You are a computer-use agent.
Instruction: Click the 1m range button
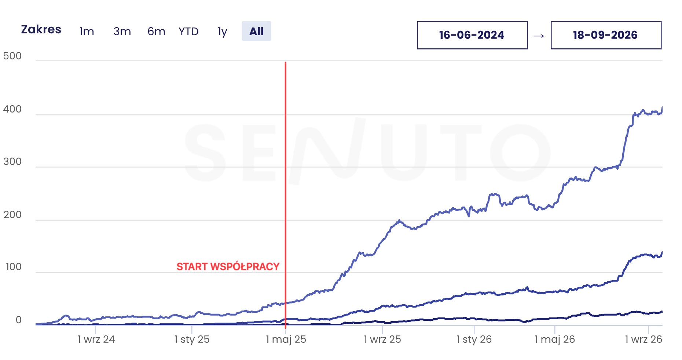click(x=87, y=32)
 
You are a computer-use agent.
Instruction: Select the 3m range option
click(x=122, y=32)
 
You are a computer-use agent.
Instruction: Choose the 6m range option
click(x=156, y=32)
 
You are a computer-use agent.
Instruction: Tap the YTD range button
click(x=188, y=32)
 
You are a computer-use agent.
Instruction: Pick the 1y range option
click(x=222, y=32)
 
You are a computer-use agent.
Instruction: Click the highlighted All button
click(x=256, y=31)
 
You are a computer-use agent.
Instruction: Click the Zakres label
click(x=41, y=29)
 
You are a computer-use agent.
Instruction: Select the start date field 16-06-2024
click(x=472, y=35)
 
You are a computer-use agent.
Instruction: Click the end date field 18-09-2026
click(x=606, y=35)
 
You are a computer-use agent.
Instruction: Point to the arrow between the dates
click(x=539, y=36)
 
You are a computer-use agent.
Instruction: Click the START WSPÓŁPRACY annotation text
click(x=228, y=267)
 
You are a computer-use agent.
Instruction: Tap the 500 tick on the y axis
click(x=12, y=56)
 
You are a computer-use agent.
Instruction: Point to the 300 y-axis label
click(x=12, y=162)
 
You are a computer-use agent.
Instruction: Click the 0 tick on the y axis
click(x=18, y=320)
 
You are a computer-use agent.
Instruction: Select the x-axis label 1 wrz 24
click(x=96, y=339)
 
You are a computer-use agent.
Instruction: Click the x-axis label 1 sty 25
click(x=192, y=339)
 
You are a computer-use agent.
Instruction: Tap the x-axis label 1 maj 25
click(x=286, y=339)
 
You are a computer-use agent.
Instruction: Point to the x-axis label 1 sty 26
click(x=474, y=339)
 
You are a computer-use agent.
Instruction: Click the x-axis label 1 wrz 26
click(x=643, y=339)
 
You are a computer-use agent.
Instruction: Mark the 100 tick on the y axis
click(x=14, y=267)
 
